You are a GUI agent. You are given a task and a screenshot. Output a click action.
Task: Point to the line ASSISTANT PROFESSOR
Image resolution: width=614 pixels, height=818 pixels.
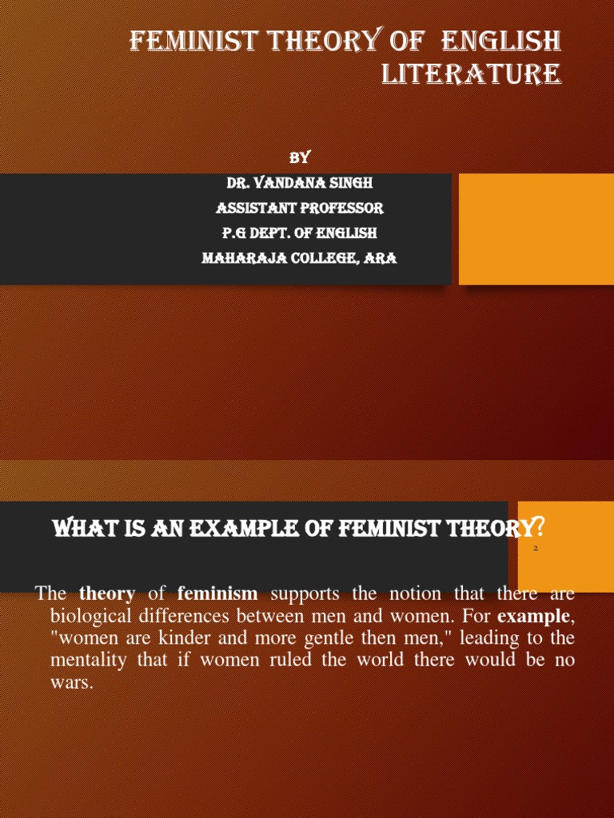click(x=300, y=208)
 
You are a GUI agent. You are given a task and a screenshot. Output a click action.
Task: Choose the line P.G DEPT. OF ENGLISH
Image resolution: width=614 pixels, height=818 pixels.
click(x=300, y=233)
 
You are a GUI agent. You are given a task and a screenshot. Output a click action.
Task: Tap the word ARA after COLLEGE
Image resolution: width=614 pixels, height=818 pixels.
click(x=381, y=259)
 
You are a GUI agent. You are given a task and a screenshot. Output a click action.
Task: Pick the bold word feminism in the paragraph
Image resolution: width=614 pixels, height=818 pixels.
click(x=217, y=594)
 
